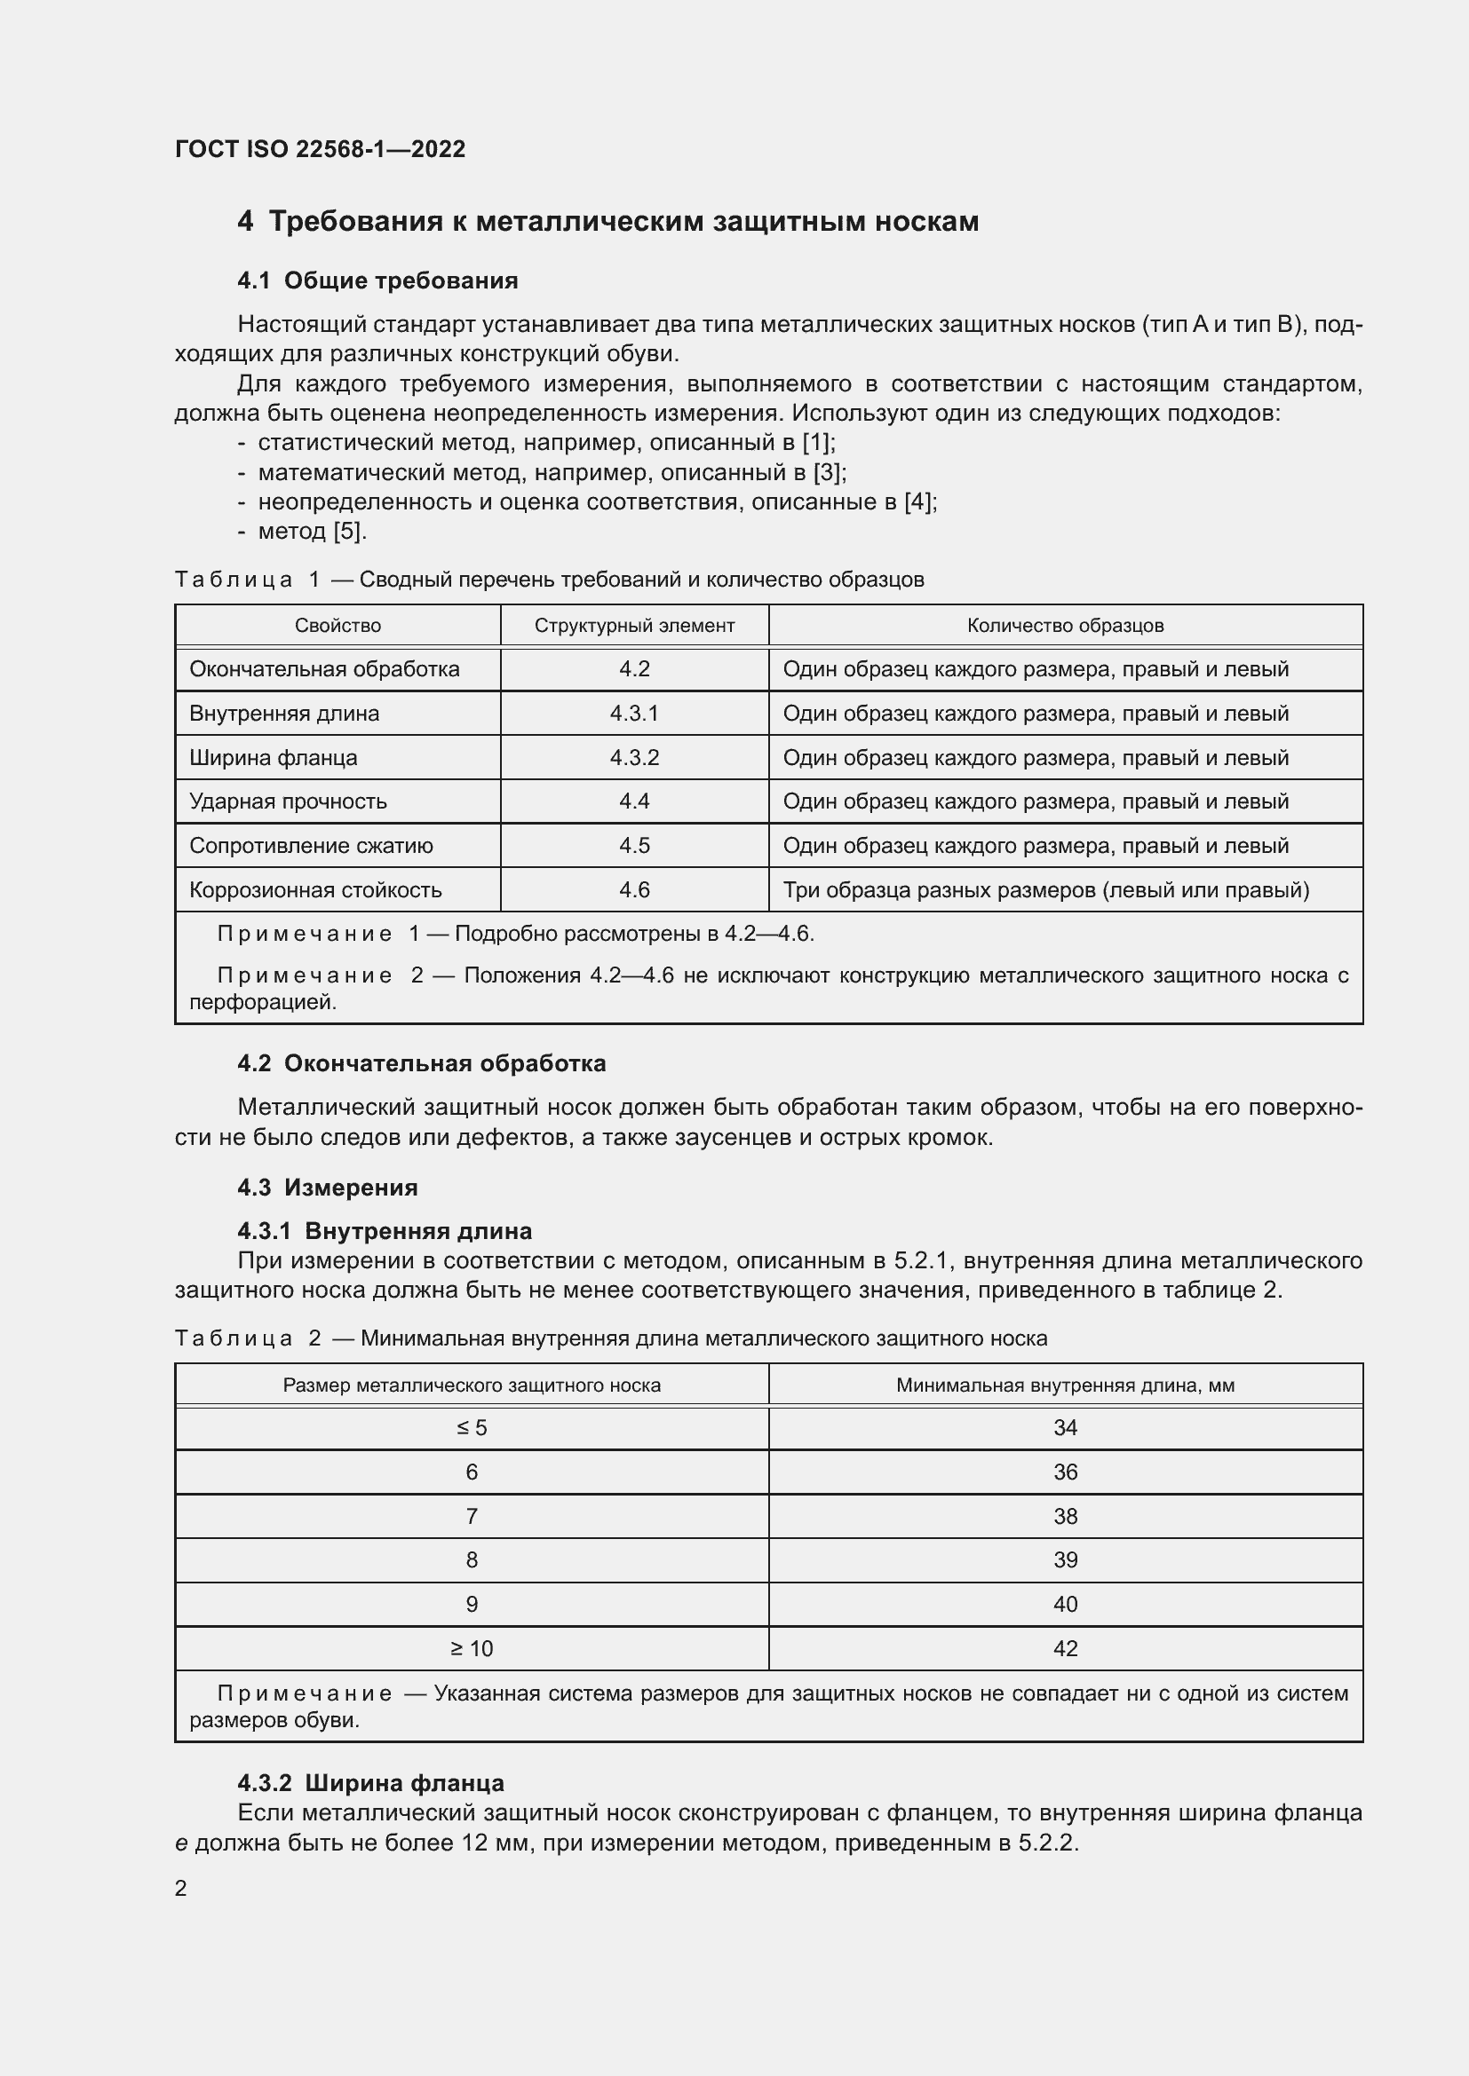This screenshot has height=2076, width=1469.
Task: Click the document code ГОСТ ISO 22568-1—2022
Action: pos(320,149)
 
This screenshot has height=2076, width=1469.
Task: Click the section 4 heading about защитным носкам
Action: pos(607,222)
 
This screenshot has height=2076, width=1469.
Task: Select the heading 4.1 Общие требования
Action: pos(377,280)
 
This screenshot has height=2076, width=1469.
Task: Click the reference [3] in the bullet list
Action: pos(828,472)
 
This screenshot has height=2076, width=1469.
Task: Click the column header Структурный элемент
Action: pos(634,626)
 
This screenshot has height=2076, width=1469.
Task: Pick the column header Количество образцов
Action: pos(1065,626)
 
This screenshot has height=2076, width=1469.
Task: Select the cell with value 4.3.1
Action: pos(634,714)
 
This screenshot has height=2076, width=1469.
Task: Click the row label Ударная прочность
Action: pos(288,801)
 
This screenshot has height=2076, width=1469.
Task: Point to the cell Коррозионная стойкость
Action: pos(314,889)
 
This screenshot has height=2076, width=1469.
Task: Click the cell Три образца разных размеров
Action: pos(1044,889)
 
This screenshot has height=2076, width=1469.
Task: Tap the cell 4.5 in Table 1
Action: pos(634,846)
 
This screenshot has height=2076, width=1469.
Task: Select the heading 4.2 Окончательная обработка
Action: pos(422,1063)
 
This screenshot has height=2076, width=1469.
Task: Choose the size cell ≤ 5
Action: pos(472,1428)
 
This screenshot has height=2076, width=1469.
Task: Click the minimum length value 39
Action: pos(1065,1559)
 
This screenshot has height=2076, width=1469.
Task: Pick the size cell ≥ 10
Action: pos(472,1648)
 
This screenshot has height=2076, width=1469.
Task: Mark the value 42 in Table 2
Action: pos(1065,1648)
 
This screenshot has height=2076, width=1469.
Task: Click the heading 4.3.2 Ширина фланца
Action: pos(371,1783)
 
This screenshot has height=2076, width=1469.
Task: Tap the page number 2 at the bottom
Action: pos(181,1888)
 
